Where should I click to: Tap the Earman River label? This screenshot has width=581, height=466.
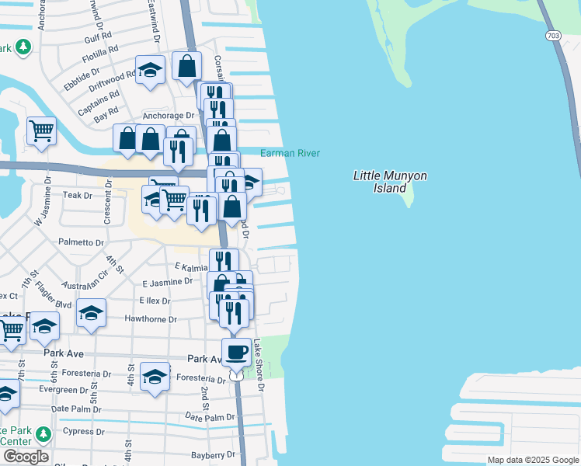290,154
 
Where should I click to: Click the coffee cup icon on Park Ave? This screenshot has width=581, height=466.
237,352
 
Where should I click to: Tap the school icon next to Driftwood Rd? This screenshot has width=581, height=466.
151,71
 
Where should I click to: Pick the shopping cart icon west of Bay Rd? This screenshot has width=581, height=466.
41,130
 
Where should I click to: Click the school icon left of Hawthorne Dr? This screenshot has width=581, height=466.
91,313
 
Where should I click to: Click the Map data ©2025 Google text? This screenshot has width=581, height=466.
532,460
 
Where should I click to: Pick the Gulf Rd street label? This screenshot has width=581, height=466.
99,37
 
